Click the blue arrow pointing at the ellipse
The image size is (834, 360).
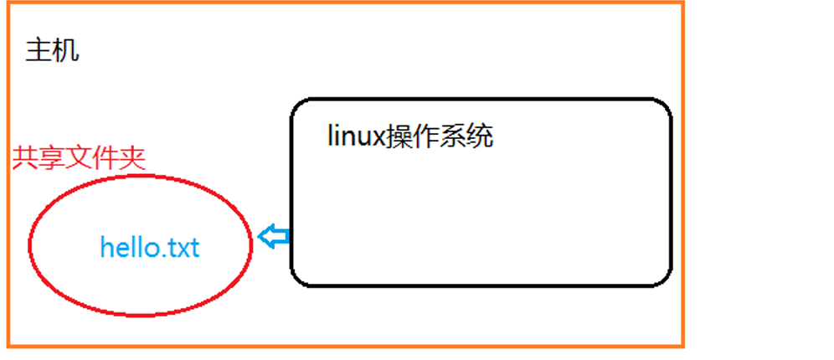(272, 237)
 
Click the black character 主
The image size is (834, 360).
(39, 51)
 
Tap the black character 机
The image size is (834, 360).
(65, 51)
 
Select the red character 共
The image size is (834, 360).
(25, 158)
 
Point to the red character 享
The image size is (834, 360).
(52, 158)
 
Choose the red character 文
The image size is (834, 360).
(79, 158)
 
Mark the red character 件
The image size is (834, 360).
(106, 158)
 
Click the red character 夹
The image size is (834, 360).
(132, 158)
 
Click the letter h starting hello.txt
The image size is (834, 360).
(107, 247)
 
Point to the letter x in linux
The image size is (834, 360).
(378, 137)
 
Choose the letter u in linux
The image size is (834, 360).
(362, 137)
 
